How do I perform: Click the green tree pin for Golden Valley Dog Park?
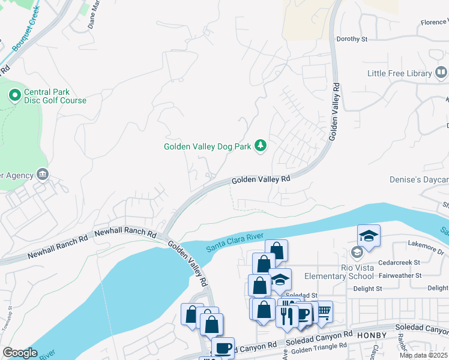pyautogui.click(x=261, y=146)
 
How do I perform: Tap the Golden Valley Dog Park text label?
pyautogui.click(x=208, y=146)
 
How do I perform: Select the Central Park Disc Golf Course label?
pyautogui.click(x=55, y=96)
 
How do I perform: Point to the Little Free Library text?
pyautogui.click(x=400, y=73)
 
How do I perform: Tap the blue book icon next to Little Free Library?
pyautogui.click(x=441, y=73)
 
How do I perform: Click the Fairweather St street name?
pyautogui.click(x=402, y=275)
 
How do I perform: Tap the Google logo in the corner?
pyautogui.click(x=20, y=352)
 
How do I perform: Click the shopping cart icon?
pyautogui.click(x=323, y=311)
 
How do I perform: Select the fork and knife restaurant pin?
pyautogui.click(x=286, y=314)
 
